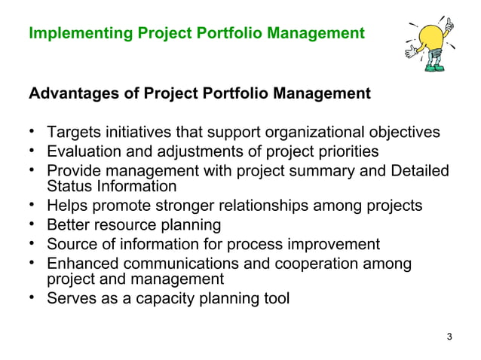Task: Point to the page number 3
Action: (450, 336)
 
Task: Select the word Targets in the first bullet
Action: (73, 133)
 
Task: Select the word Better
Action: (69, 225)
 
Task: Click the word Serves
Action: (71, 298)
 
